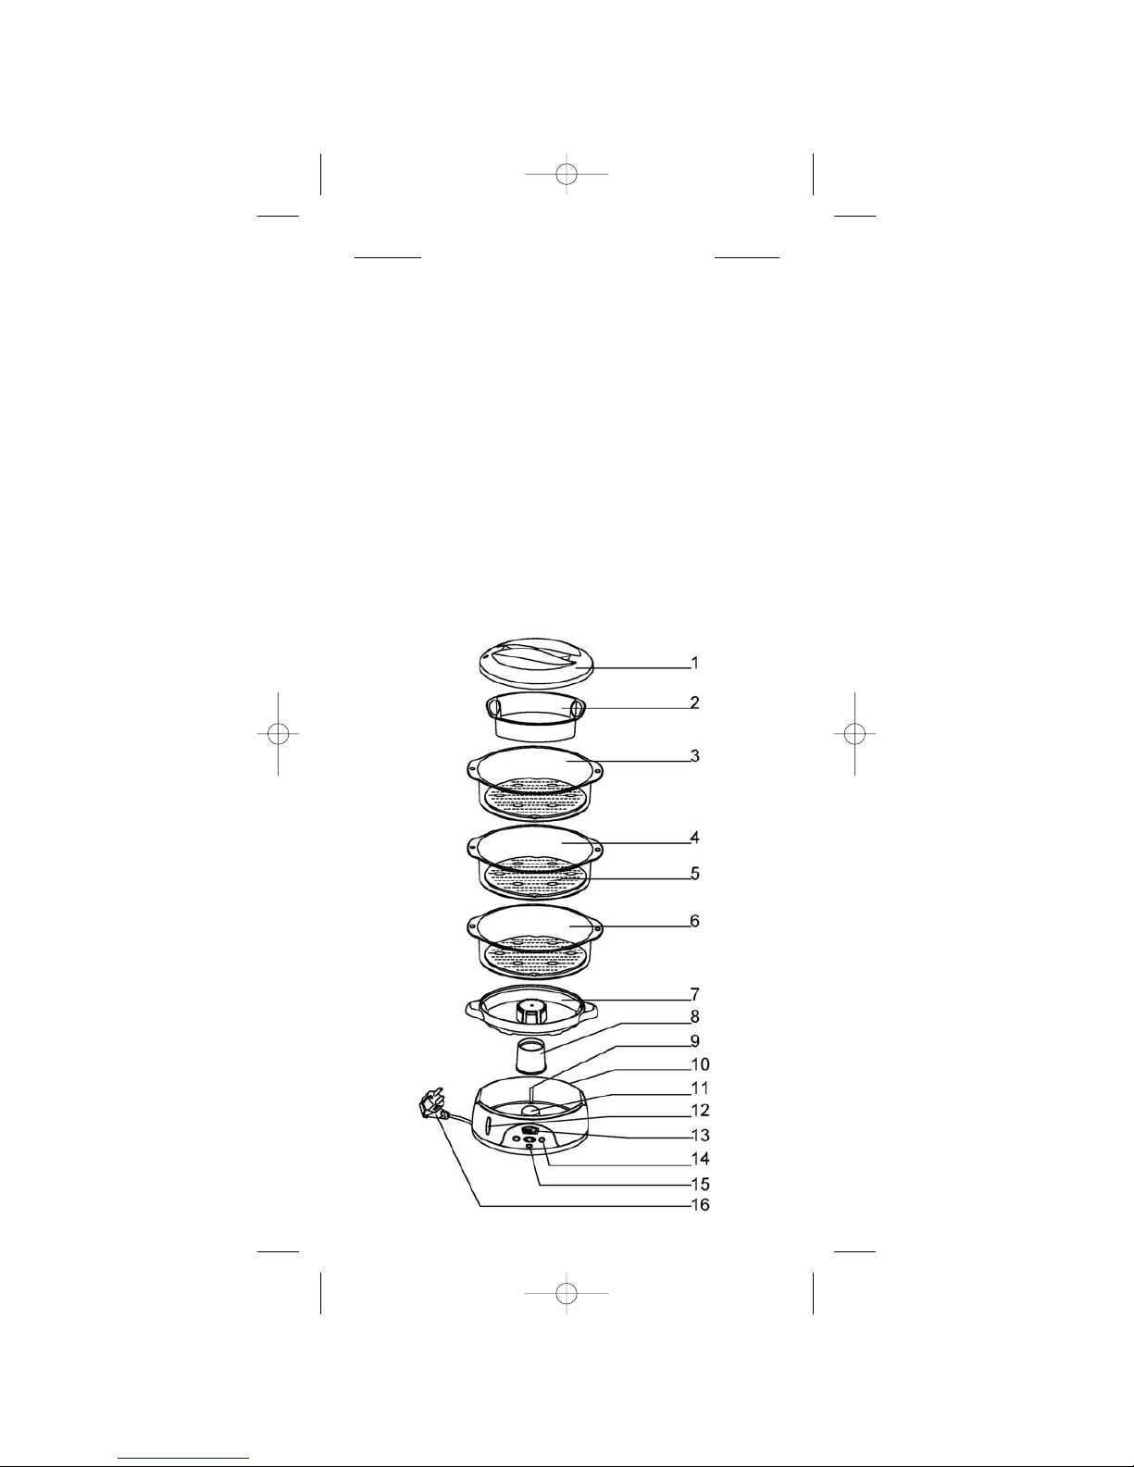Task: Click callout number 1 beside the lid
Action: coord(694,663)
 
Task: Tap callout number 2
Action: coord(694,702)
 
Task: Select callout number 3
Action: coord(694,756)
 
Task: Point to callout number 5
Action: coord(694,874)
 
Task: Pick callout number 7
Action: coord(694,994)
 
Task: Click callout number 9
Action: coord(694,1041)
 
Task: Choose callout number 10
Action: coord(700,1064)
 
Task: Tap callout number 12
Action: coord(700,1111)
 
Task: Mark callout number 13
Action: coord(700,1135)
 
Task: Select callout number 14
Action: coord(700,1159)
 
